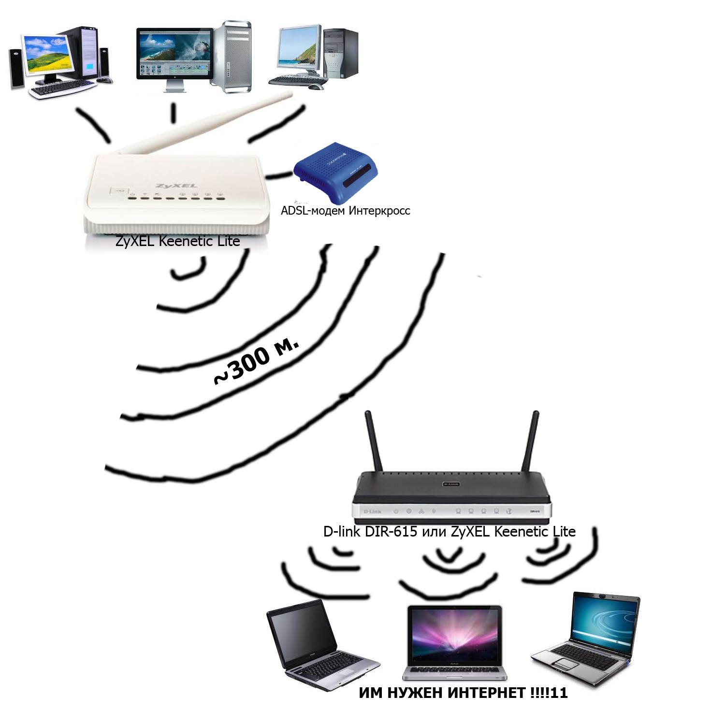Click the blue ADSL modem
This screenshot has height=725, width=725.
coord(335,172)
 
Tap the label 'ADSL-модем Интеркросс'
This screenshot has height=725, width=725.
coord(345,211)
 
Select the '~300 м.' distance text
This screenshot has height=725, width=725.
coord(256,360)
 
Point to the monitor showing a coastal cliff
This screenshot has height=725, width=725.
coord(299,48)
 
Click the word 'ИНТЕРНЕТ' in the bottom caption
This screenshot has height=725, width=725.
coord(486,693)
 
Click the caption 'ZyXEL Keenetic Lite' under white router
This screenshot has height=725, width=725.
coord(177,241)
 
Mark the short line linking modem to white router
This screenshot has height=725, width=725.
coord(279,175)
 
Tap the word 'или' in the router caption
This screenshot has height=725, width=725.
coord(434,532)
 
